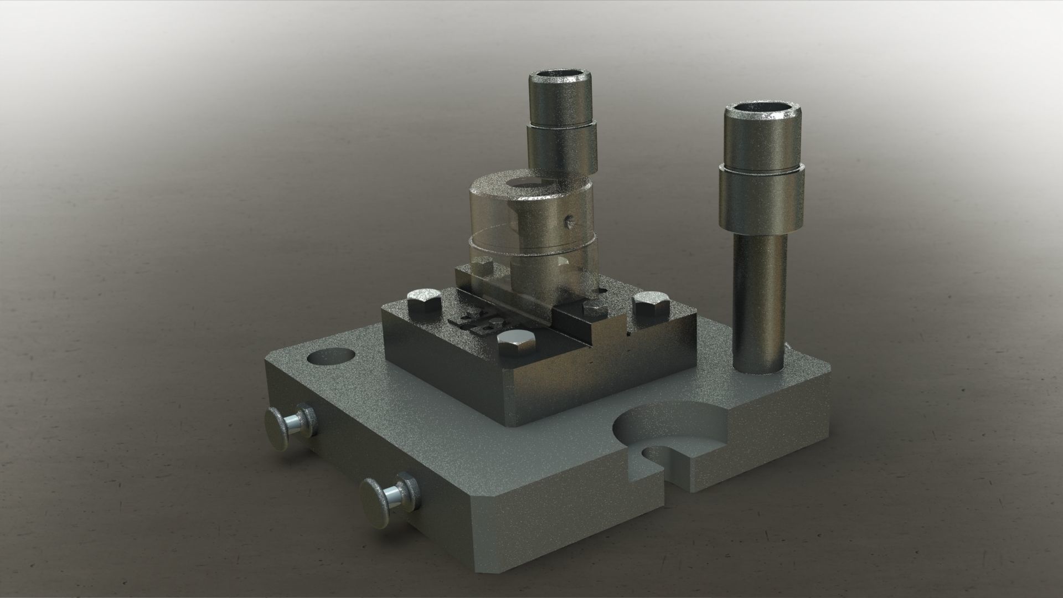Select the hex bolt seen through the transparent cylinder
[x=483, y=264]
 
